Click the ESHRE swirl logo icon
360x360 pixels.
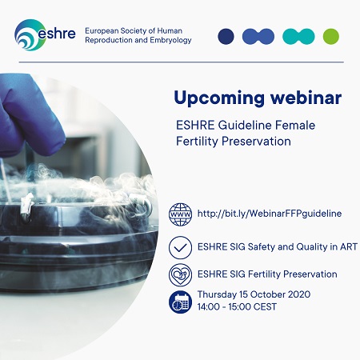[x=29, y=33]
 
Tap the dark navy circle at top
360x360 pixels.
[x=226, y=36]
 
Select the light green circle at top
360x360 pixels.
[x=330, y=36]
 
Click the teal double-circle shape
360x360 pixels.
[x=298, y=36]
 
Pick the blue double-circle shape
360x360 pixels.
[x=258, y=36]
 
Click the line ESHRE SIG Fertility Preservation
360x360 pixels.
[x=266, y=274]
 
